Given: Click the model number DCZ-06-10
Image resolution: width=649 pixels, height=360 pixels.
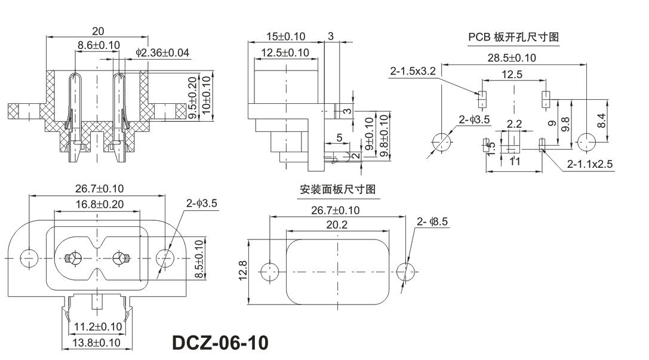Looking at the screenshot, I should [x=220, y=343].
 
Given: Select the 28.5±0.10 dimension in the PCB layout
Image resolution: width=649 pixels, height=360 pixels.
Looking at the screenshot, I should [x=512, y=58].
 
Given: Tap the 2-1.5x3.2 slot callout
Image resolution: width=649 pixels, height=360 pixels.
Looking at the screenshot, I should [x=413, y=72].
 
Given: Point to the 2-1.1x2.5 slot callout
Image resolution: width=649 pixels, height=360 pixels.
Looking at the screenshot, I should [x=589, y=164].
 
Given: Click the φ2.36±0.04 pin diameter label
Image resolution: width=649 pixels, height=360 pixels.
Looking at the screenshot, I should [x=162, y=53].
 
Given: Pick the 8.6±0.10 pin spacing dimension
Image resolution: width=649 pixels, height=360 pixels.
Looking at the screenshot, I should [x=99, y=45].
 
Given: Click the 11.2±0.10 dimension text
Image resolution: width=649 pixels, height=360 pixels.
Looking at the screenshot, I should [x=97, y=327].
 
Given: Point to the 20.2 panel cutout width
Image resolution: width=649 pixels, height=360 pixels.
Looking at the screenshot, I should [x=337, y=224].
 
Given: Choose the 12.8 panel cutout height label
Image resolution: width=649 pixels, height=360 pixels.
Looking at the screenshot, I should [x=244, y=272].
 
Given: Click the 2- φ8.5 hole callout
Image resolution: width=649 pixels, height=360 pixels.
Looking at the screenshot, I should [x=432, y=222].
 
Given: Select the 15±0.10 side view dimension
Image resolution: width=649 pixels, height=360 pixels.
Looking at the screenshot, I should [x=285, y=36].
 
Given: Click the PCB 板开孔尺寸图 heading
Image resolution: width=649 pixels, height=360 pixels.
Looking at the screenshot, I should [x=513, y=37].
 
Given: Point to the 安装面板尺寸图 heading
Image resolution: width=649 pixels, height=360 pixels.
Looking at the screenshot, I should [x=337, y=190].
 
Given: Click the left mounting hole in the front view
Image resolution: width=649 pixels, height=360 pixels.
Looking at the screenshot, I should [x=27, y=258].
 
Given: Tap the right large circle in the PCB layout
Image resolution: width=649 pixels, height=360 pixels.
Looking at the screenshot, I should [x=587, y=141].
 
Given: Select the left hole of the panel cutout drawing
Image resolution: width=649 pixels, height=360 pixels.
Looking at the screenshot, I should [x=270, y=272].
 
